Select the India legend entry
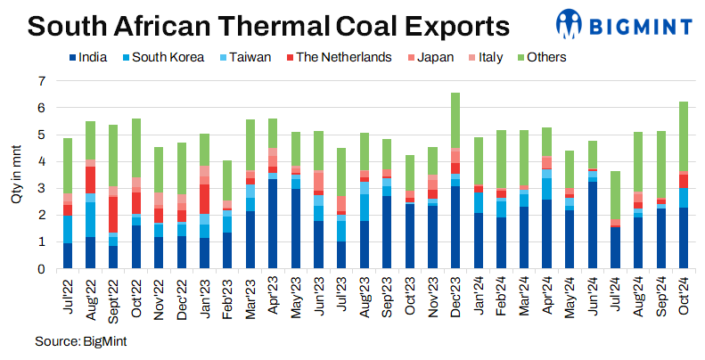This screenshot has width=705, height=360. coord(88,58)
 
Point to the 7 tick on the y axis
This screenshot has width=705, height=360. coord(40,81)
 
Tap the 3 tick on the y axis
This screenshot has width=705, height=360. coord(40,189)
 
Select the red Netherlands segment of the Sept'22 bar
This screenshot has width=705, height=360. coord(113,215)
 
